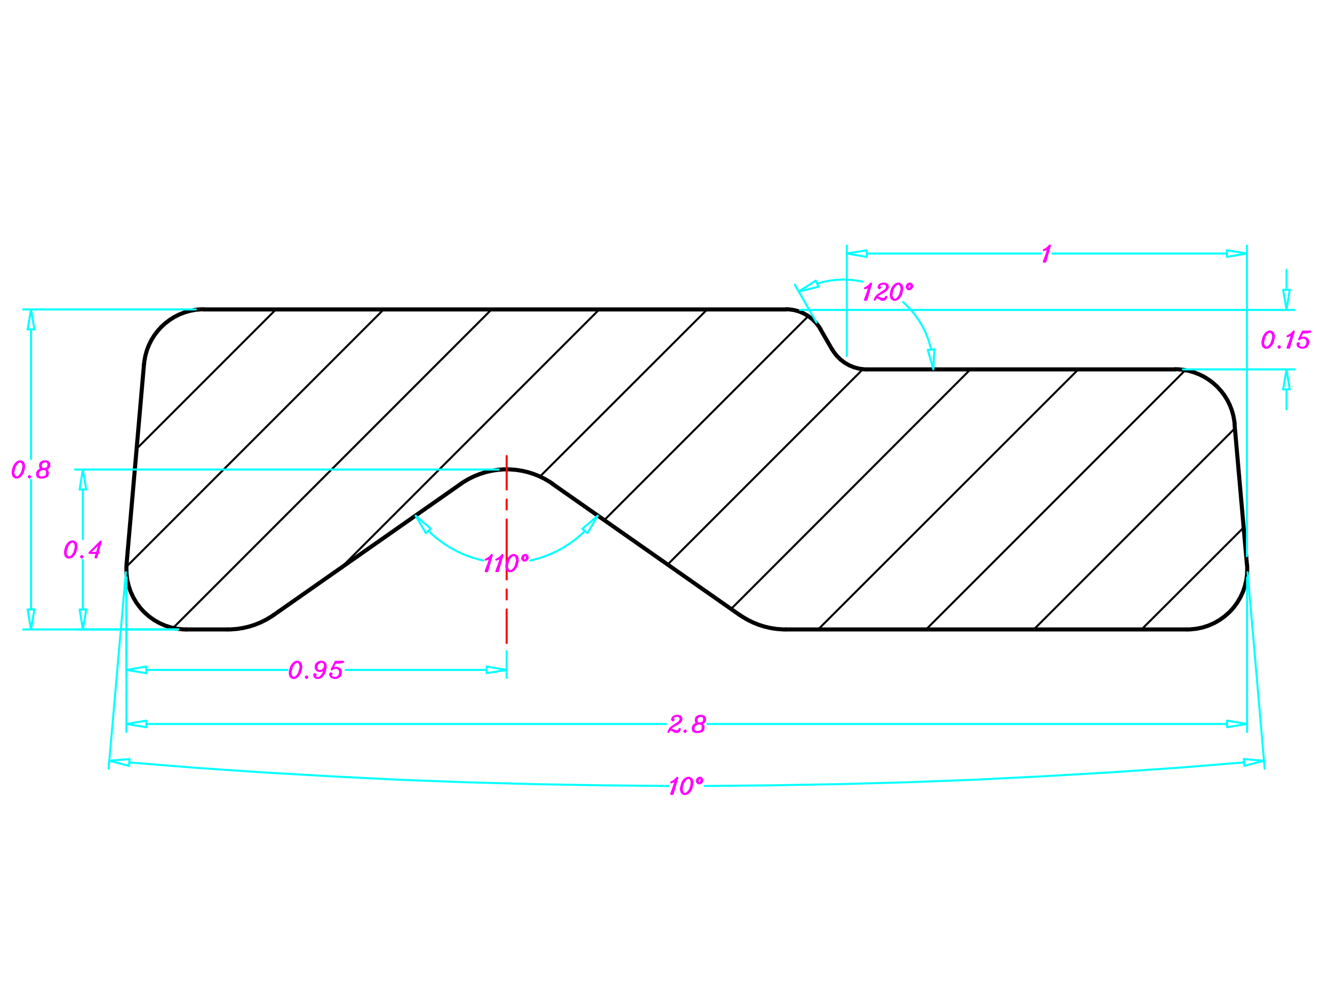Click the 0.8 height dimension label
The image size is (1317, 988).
point(31,470)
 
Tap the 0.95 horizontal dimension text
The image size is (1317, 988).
point(316,670)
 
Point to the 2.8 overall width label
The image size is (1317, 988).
point(686,724)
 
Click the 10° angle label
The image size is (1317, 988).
point(686,786)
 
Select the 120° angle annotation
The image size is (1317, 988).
point(887,292)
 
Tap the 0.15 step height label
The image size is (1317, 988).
point(1285,341)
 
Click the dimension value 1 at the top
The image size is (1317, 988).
point(1046,254)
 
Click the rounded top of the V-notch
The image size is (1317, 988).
point(507,470)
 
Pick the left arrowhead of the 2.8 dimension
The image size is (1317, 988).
point(137,724)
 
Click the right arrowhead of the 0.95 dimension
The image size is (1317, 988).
point(496,670)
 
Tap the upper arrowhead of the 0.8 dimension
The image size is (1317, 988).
point(31,320)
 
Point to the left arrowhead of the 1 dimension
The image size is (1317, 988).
point(857,254)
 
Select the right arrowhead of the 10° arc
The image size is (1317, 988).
point(1252,762)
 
